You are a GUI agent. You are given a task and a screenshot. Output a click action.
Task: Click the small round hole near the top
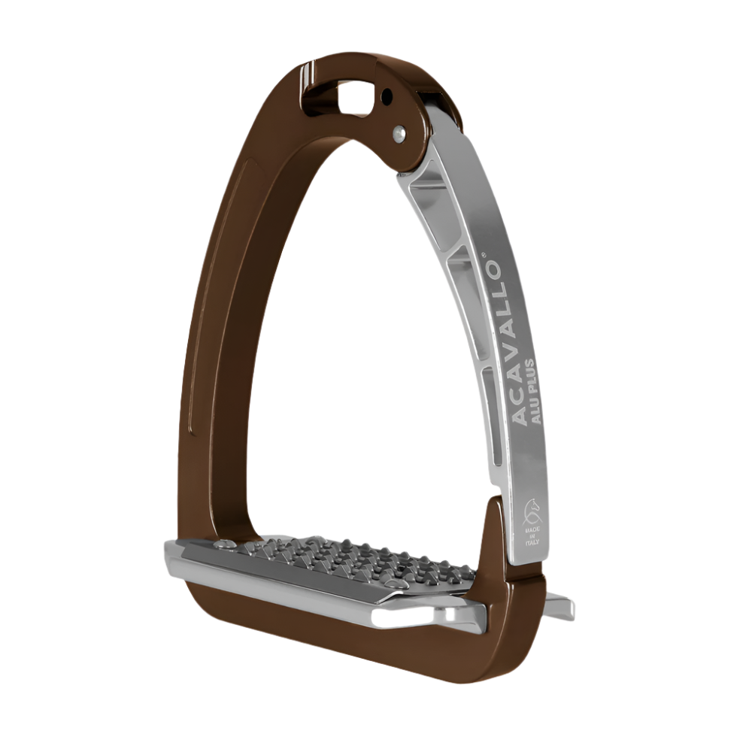(387, 96)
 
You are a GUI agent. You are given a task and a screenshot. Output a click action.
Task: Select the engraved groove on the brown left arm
(193, 421)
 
